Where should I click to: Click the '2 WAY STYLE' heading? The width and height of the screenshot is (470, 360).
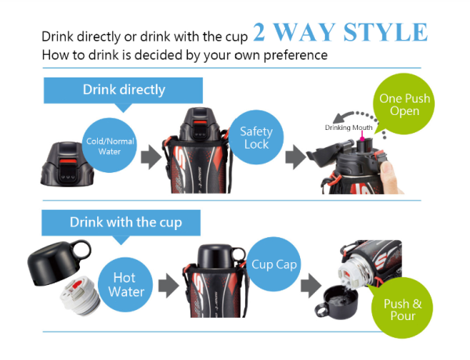point(340,33)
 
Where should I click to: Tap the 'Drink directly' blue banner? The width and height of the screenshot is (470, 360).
point(124,90)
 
